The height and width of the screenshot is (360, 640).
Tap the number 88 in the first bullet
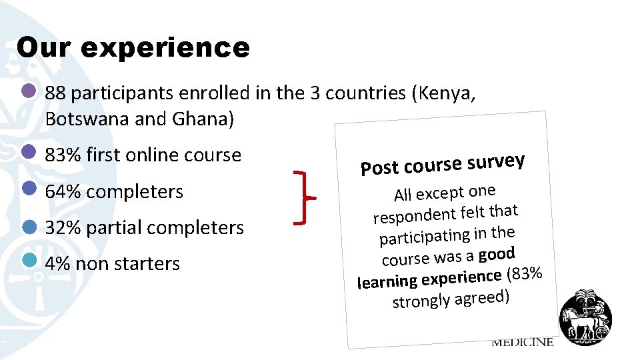tap(55, 93)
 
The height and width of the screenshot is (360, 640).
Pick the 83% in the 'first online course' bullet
tap(59, 155)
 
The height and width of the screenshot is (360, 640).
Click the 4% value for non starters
tap(57, 263)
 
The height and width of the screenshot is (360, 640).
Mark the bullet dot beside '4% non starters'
tap(29, 261)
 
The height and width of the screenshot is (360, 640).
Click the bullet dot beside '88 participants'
tap(29, 91)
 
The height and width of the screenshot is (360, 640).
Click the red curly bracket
tap(305, 196)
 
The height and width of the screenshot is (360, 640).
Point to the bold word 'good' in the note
tap(496, 254)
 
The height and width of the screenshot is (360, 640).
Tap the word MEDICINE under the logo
tap(523, 342)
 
